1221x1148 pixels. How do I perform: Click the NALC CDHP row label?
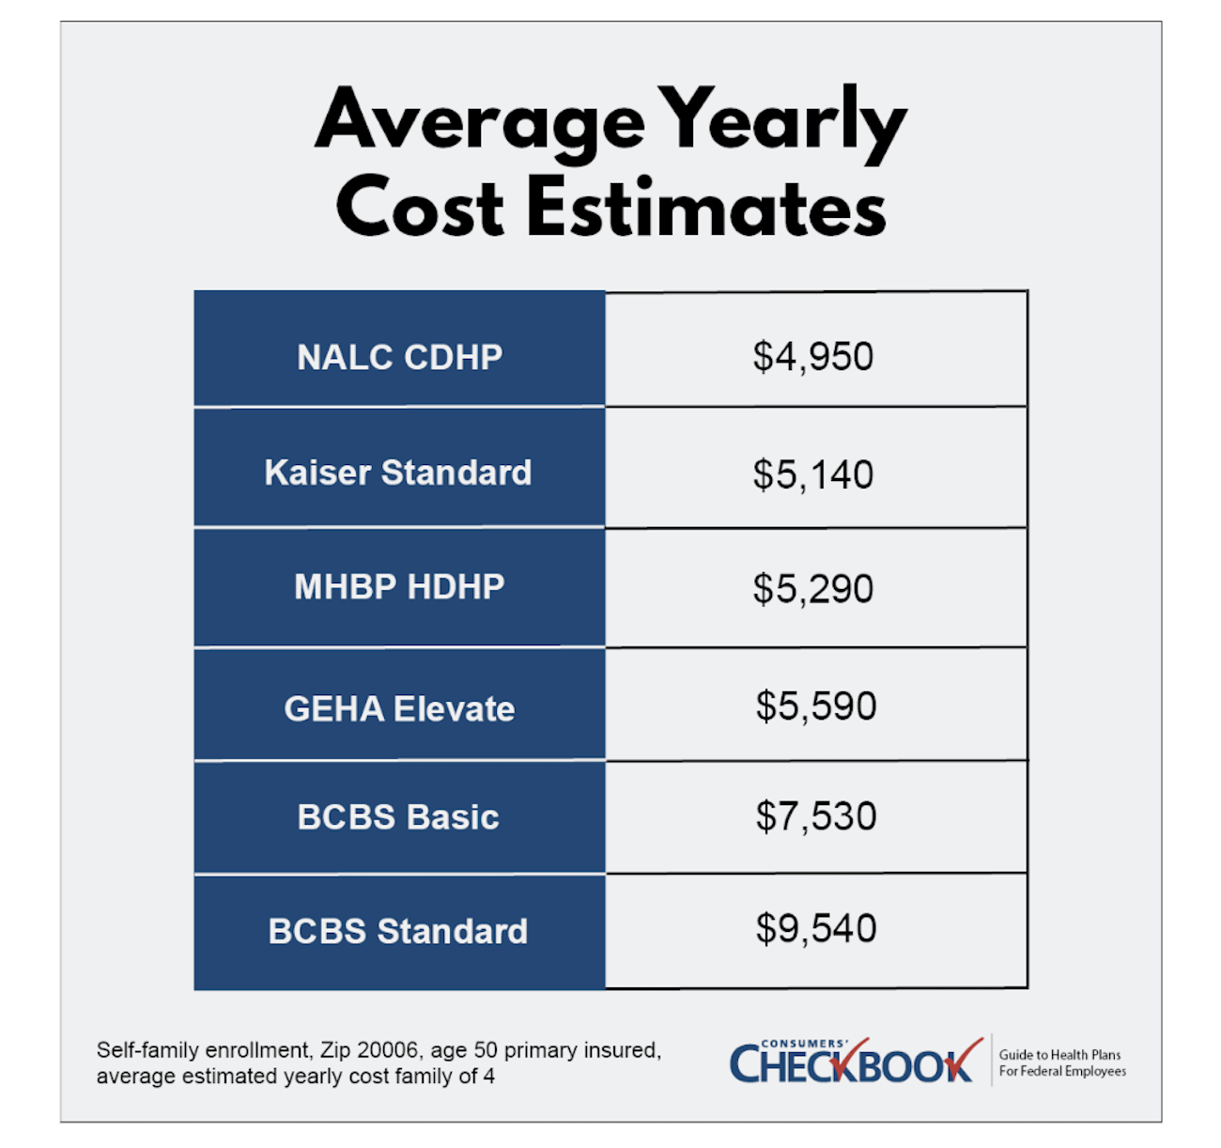tap(399, 357)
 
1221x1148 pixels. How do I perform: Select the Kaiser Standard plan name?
tap(398, 473)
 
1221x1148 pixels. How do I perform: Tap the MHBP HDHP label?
tap(399, 587)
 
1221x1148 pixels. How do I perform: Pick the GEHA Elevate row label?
tap(399, 708)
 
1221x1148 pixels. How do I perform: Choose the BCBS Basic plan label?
tap(398, 817)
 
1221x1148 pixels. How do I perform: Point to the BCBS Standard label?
tap(398, 931)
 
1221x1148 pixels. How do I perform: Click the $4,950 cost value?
tap(813, 357)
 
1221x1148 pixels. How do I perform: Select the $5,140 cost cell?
tap(813, 474)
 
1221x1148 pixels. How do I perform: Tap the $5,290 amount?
tap(813, 589)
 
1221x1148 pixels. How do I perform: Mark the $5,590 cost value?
tap(816, 706)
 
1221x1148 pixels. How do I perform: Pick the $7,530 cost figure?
tap(816, 816)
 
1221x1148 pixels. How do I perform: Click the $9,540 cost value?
tap(816, 928)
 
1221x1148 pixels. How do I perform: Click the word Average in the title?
tap(479, 120)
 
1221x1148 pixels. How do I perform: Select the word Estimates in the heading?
tap(706, 207)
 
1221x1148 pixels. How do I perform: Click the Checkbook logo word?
tap(851, 1065)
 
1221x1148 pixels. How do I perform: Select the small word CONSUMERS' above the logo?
tap(804, 1043)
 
